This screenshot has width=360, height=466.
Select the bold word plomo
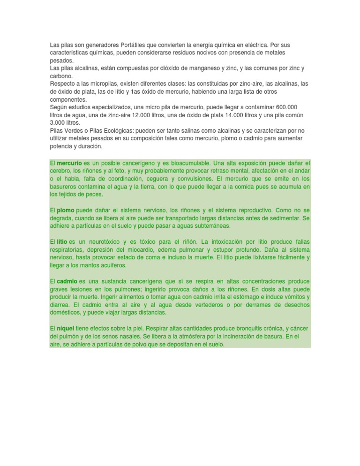tap(65, 210)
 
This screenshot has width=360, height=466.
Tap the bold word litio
tap(62, 241)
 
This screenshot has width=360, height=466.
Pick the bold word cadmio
tap(67, 281)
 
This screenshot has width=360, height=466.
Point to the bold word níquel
tap(65, 329)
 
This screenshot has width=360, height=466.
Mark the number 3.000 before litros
tap(59, 122)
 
